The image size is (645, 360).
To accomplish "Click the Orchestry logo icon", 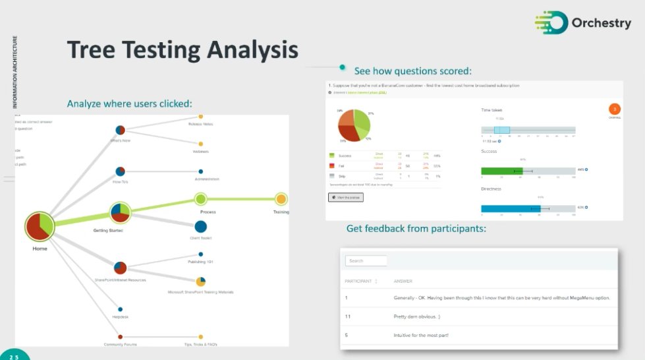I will (x=550, y=22).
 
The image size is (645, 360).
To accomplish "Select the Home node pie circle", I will (x=40, y=226).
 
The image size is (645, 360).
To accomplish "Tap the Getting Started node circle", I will (x=120, y=212).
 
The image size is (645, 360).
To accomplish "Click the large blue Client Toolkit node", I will (x=201, y=227).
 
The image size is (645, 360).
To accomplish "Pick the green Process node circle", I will (x=201, y=198).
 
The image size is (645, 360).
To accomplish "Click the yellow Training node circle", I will (x=281, y=198).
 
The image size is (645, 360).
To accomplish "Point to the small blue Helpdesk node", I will (x=120, y=309).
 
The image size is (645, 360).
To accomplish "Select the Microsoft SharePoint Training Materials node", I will (x=201, y=282).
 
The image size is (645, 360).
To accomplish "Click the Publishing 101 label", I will (x=201, y=262).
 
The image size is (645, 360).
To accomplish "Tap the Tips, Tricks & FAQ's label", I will (x=201, y=344).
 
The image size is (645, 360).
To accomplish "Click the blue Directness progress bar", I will (x=511, y=208).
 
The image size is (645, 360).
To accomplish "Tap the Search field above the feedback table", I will (x=366, y=260).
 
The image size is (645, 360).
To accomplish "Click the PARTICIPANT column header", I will (x=358, y=281).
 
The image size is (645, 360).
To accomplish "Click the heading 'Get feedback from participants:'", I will (x=416, y=228).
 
